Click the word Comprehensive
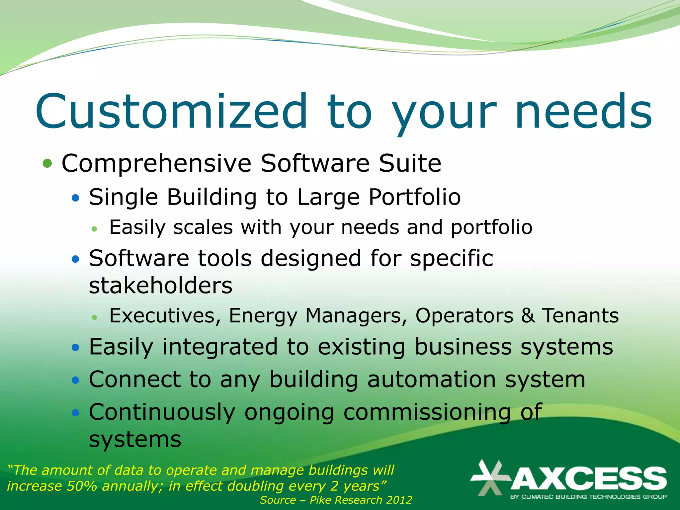(x=156, y=164)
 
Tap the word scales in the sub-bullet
(x=203, y=227)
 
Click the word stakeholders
(x=161, y=286)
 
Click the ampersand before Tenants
(x=528, y=315)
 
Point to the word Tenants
(x=580, y=315)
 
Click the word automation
(x=432, y=379)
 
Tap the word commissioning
(x=426, y=412)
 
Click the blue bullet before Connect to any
(x=76, y=380)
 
